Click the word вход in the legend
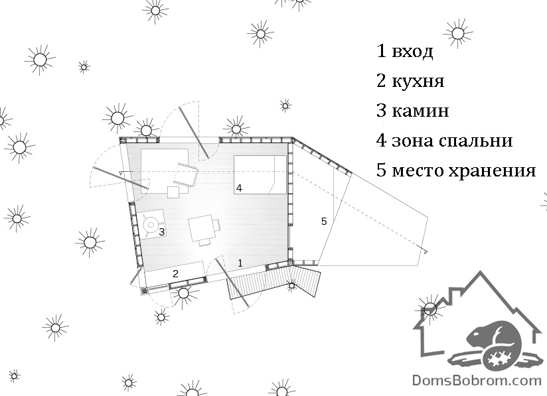pyautogui.click(x=412, y=52)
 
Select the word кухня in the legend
pyautogui.click(x=418, y=81)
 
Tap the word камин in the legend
pyautogui.click(x=420, y=111)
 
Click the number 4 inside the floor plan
pyautogui.click(x=239, y=188)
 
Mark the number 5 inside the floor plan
pyautogui.click(x=324, y=222)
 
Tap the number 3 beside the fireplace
pyautogui.click(x=162, y=231)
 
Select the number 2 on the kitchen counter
pyautogui.click(x=175, y=274)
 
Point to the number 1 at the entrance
pyautogui.click(x=240, y=263)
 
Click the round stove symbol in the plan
pyautogui.click(x=151, y=224)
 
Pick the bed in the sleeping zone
pyautogui.click(x=260, y=174)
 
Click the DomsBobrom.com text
pyautogui.click(x=477, y=380)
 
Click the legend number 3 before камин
pyautogui.click(x=381, y=111)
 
